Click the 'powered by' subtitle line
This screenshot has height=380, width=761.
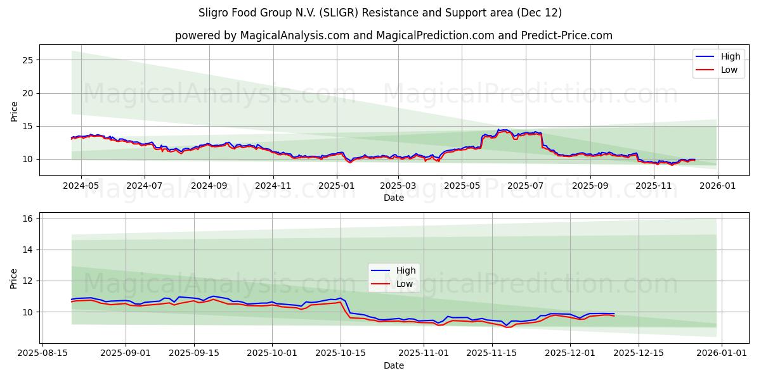394,35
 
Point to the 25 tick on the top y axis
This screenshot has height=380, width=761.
28,60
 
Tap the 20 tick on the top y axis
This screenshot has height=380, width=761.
28,93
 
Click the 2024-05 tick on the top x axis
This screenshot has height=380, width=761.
81,186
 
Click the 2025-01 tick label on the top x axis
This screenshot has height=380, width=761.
336,186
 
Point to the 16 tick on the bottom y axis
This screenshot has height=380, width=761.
28,218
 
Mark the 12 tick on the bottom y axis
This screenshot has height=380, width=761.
28,281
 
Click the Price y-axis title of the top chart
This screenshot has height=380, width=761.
14,110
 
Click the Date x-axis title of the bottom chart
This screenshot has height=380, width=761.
394,365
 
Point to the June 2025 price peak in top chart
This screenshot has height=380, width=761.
503,130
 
